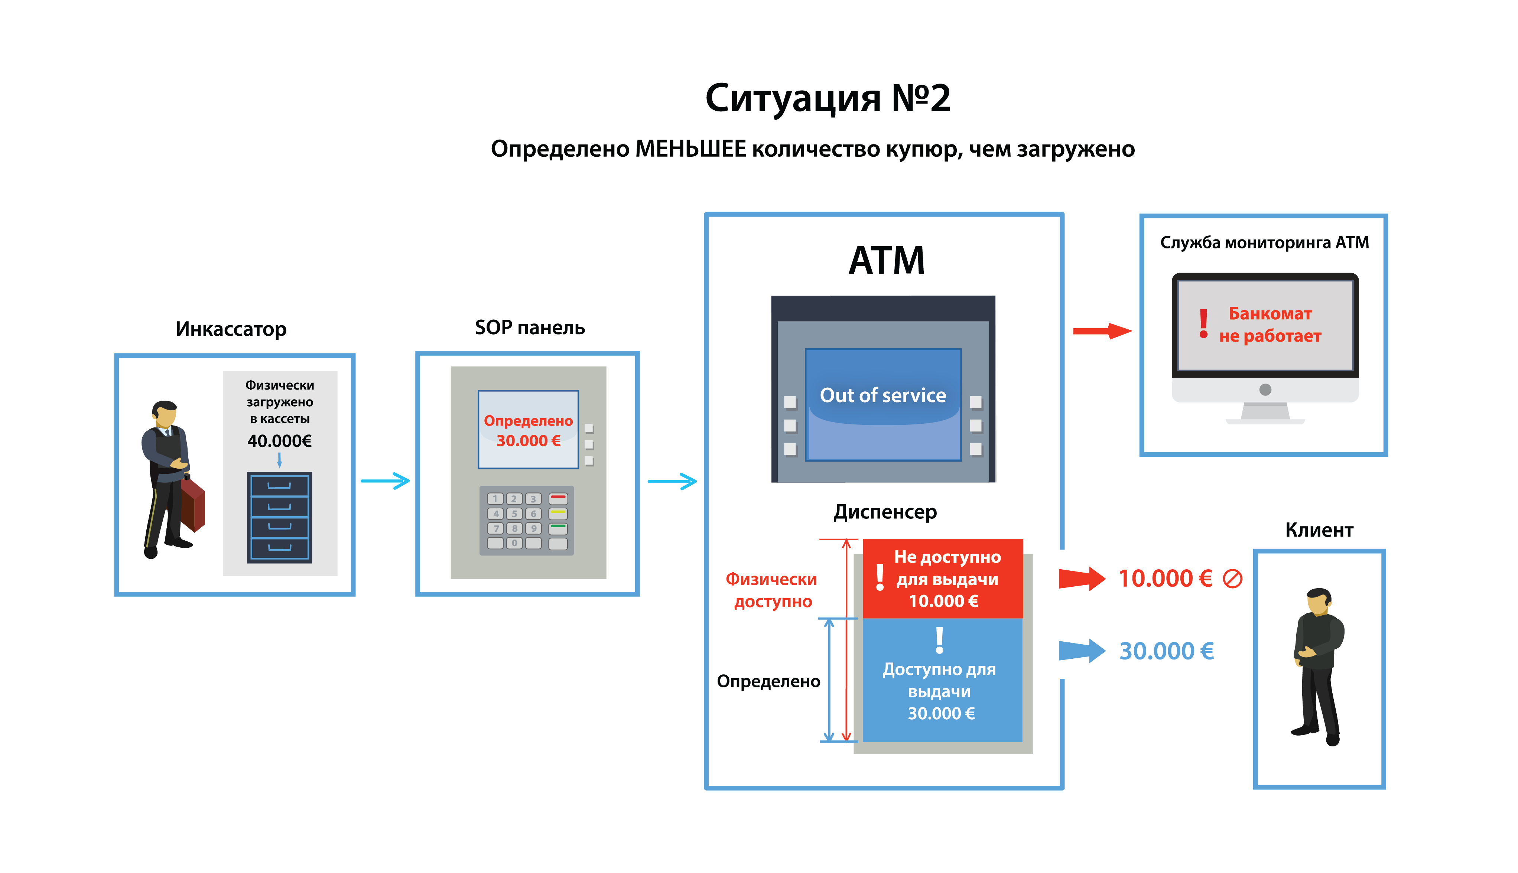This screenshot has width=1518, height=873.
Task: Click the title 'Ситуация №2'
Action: (827, 98)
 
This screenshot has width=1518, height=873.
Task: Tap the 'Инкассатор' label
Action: (231, 329)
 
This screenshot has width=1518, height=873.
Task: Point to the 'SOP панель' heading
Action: (530, 328)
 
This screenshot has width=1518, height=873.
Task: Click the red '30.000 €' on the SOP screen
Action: (528, 441)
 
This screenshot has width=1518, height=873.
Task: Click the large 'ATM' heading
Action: (887, 261)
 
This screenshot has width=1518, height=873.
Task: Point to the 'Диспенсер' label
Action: (885, 512)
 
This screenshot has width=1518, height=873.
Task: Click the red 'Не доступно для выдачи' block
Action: (943, 579)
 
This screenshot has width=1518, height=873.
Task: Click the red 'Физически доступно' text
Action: (772, 590)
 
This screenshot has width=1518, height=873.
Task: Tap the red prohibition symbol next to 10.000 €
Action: (1232, 579)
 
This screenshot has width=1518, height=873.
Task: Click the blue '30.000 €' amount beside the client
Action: (1167, 651)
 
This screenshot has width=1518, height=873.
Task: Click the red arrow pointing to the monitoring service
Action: (1102, 331)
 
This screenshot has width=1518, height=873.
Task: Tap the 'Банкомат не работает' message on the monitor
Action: (1269, 325)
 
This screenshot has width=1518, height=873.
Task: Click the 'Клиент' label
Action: (1319, 530)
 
